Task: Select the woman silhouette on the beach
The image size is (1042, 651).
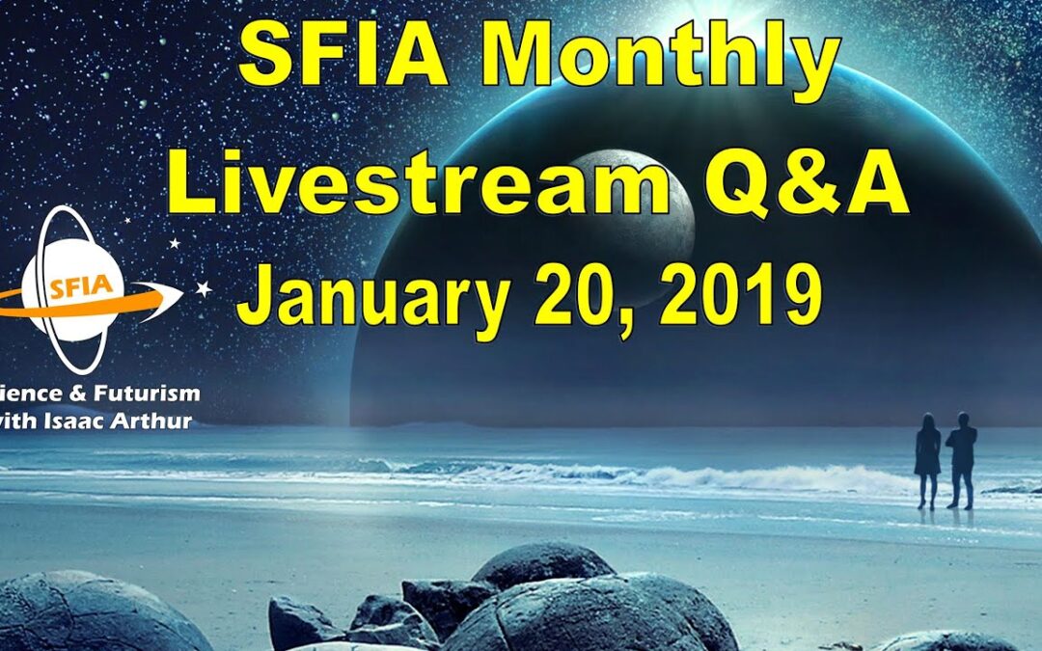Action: [927, 458]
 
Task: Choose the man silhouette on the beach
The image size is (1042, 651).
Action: [961, 458]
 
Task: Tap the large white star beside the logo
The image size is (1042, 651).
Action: [204, 288]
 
